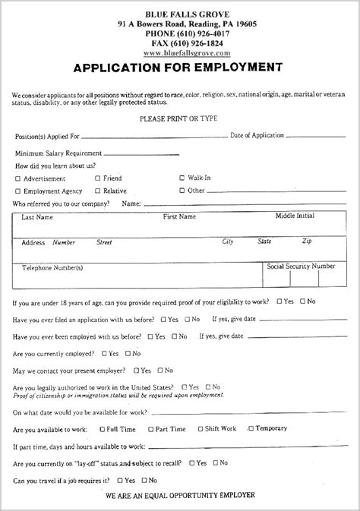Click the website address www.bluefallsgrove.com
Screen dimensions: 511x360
(x=186, y=54)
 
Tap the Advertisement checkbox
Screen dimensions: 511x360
(x=17, y=178)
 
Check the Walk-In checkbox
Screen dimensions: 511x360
(x=182, y=178)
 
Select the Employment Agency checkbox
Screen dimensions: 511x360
(x=17, y=191)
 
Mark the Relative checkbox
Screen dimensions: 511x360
(x=97, y=191)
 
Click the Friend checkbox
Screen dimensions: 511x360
(x=97, y=178)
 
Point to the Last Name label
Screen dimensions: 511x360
(x=37, y=217)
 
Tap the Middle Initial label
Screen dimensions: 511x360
(x=295, y=216)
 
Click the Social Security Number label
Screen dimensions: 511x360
(x=301, y=267)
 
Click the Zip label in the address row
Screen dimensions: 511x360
(x=306, y=241)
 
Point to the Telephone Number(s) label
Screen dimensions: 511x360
(x=52, y=268)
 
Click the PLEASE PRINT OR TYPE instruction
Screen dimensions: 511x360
(x=179, y=119)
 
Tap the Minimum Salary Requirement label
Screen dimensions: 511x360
(x=58, y=153)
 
